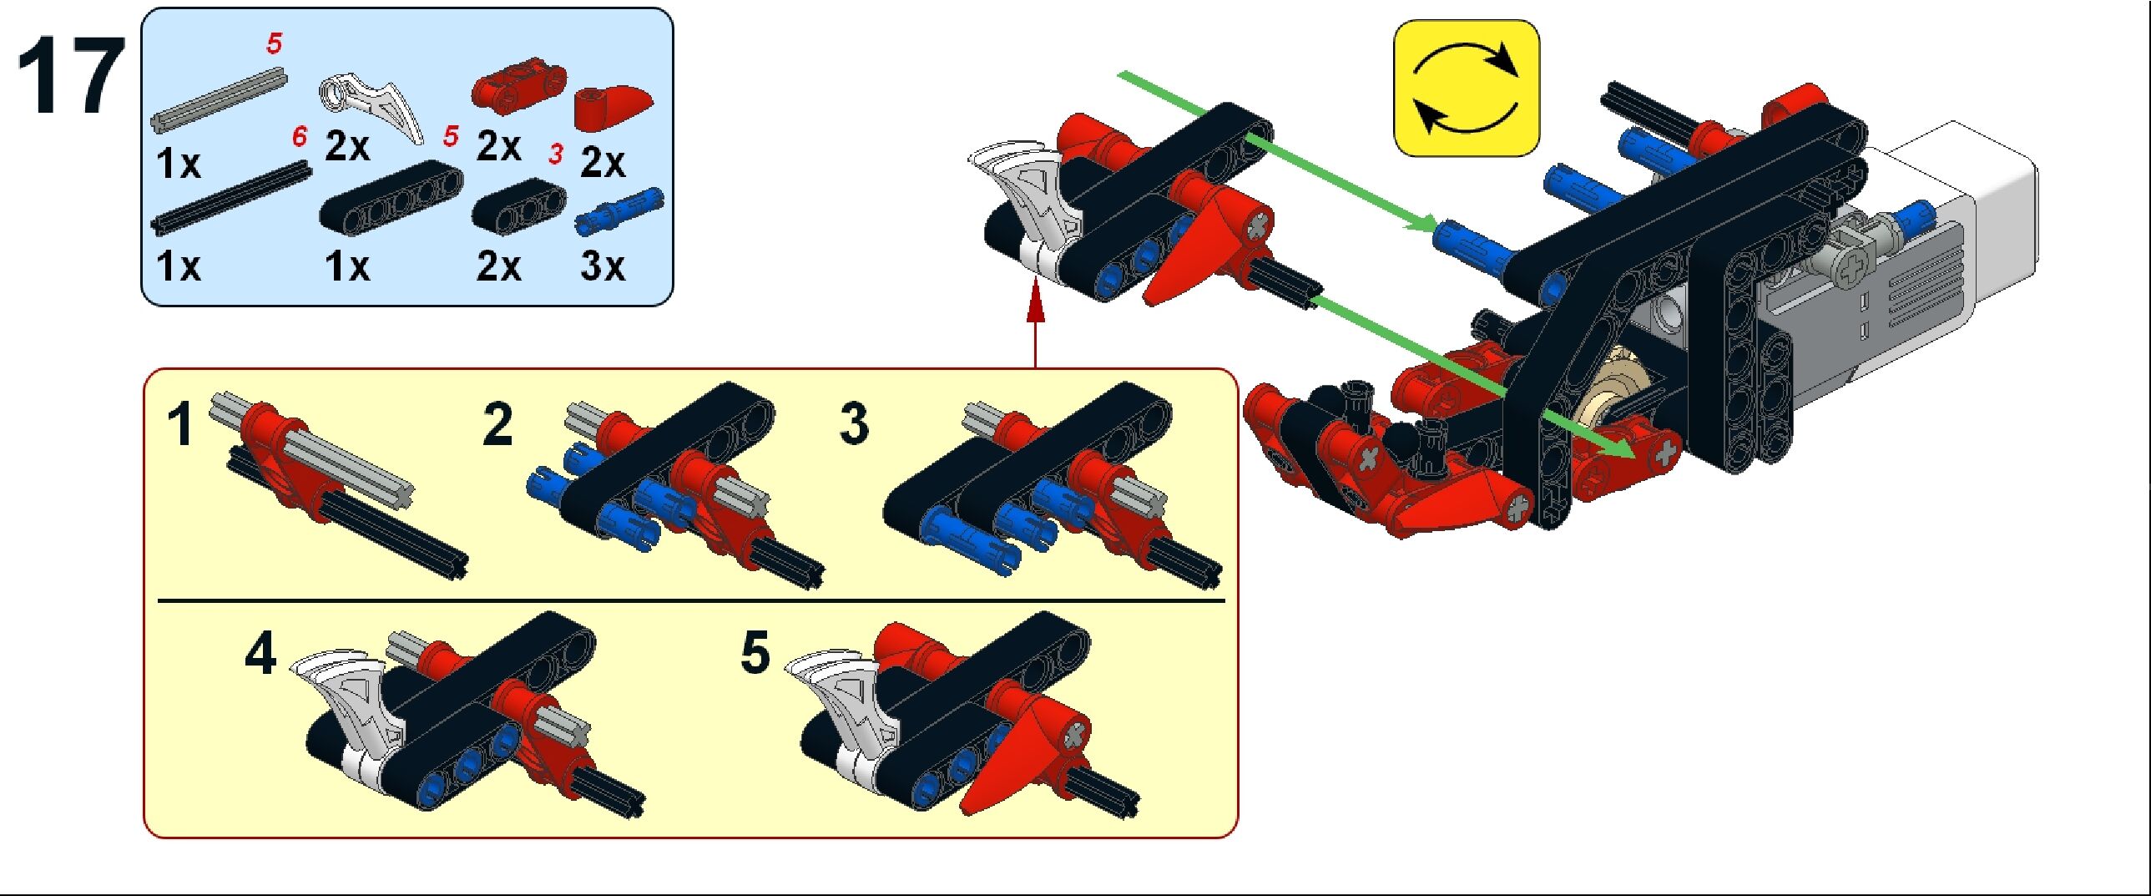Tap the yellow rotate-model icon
pos(1466,89)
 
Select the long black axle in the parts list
pos(232,197)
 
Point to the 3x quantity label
pos(602,266)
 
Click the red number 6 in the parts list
pos(299,137)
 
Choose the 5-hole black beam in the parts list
pos(391,196)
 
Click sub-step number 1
pos(181,424)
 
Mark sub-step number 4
pos(260,654)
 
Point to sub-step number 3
pos(854,423)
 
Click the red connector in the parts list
pos(519,84)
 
